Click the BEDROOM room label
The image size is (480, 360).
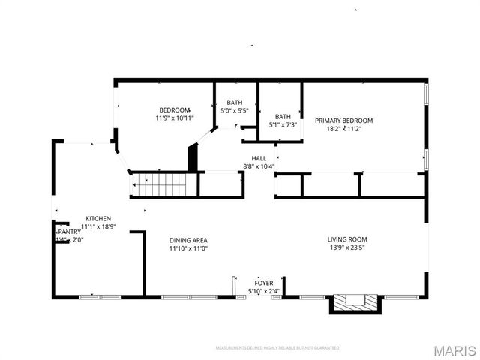pyautogui.click(x=174, y=109)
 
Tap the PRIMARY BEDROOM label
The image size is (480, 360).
pyautogui.click(x=343, y=120)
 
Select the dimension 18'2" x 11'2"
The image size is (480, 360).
pyautogui.click(x=343, y=128)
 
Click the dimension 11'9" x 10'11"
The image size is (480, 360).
pyautogui.click(x=174, y=118)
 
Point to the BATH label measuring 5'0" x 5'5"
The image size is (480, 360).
pyautogui.click(x=234, y=103)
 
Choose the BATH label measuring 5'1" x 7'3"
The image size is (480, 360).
pyautogui.click(x=283, y=116)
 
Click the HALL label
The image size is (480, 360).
pyautogui.click(x=259, y=158)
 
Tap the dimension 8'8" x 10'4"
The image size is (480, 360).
pyautogui.click(x=259, y=166)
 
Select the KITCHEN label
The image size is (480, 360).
pyautogui.click(x=98, y=218)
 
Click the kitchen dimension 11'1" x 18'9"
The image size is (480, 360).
pyautogui.click(x=98, y=226)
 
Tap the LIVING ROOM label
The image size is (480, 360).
pyautogui.click(x=347, y=239)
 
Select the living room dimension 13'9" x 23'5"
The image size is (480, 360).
pyautogui.click(x=347, y=247)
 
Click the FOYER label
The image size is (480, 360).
pyautogui.click(x=264, y=283)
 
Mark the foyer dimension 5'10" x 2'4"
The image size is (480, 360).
pyautogui.click(x=264, y=291)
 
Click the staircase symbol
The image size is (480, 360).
pyautogui.click(x=160, y=183)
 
